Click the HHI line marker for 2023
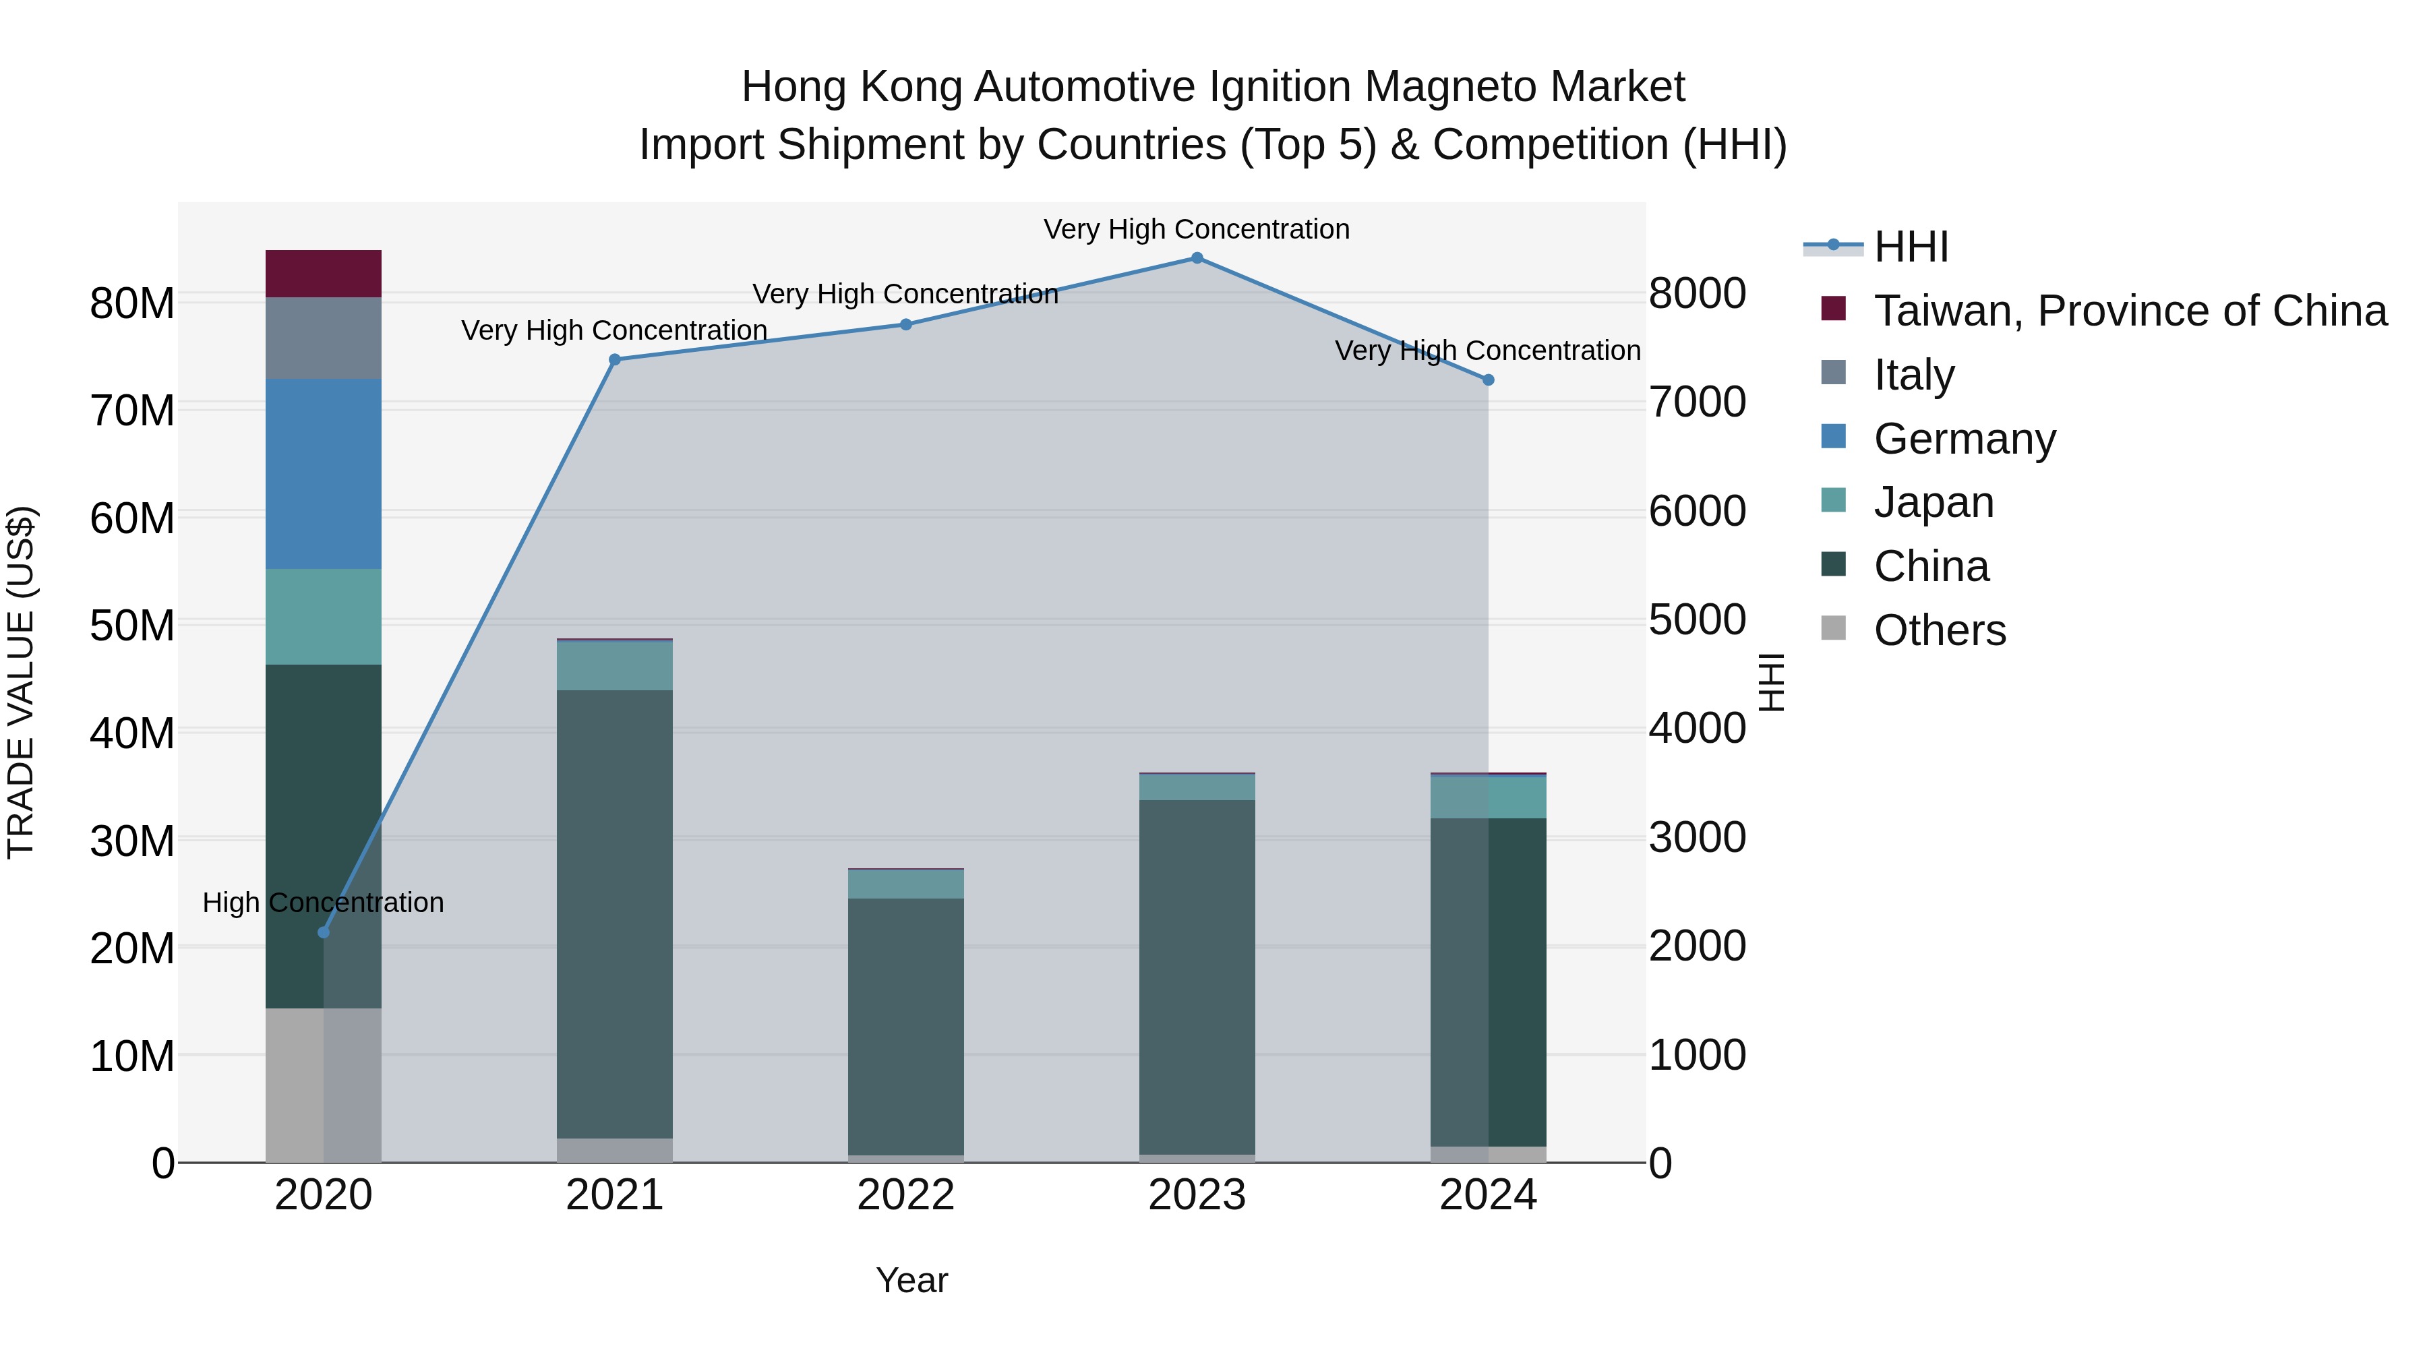click(1197, 258)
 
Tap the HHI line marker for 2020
click(323, 933)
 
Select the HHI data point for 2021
click(614, 359)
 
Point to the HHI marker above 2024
click(1489, 380)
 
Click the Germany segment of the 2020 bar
click(323, 474)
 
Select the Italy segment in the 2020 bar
click(323, 338)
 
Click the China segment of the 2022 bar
click(905, 1027)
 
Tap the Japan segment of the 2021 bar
click(614, 665)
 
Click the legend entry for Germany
click(1965, 439)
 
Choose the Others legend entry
click(1939, 630)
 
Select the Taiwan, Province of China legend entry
click(2129, 311)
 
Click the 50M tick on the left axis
click(132, 626)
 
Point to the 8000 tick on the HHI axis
click(1697, 293)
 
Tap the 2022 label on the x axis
click(905, 1195)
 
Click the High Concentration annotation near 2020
click(323, 903)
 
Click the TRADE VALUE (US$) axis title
click(21, 682)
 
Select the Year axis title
click(911, 1280)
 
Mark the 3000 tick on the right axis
click(1697, 837)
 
